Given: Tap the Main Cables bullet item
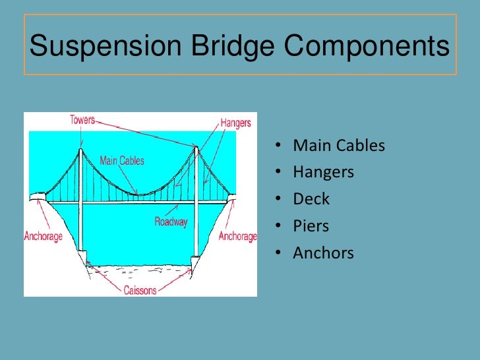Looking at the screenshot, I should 338,146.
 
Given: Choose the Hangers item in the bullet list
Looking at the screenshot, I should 323,173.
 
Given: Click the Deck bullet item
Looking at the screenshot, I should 311,199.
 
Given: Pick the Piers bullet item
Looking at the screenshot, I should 311,226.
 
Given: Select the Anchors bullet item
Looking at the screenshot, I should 323,253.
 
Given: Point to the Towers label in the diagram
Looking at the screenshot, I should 82,121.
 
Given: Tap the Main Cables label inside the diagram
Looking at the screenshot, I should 121,161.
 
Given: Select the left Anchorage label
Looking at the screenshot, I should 43,236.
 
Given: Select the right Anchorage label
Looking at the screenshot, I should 237,236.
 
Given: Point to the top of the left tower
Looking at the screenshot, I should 80,150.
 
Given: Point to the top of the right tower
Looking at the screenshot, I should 196,148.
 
